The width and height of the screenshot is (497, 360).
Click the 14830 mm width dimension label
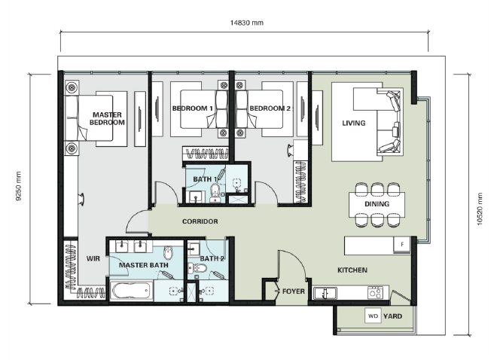246,23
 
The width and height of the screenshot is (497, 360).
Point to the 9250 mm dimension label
18,186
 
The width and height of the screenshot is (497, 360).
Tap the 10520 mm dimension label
480,209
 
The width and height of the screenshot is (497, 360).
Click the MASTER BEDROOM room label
107,118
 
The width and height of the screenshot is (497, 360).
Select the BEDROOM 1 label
192,108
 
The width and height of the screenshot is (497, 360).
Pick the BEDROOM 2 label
270,108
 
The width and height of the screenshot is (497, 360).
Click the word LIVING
354,123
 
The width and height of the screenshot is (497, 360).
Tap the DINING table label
377,204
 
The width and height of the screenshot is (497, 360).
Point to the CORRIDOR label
200,221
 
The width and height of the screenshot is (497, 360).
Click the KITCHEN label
352,270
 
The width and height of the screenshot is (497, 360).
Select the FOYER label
294,291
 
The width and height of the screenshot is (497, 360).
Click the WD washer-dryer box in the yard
373,316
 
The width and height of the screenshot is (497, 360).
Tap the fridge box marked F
402,244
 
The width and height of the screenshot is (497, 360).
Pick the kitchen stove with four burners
376,292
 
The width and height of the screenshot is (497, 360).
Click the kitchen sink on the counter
325,293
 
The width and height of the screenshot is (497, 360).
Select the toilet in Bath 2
197,269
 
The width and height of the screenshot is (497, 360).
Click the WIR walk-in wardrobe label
93,258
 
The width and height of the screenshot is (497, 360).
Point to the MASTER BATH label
144,265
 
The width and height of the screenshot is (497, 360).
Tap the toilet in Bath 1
215,194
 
